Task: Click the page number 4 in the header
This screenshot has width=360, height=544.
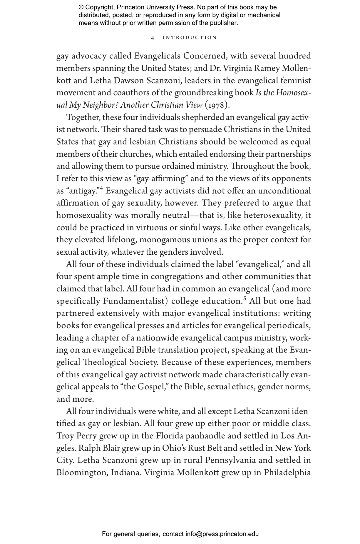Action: click(x=153, y=38)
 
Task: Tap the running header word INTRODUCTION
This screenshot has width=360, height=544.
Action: click(x=190, y=38)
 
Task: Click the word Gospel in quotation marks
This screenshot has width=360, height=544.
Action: click(x=151, y=387)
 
